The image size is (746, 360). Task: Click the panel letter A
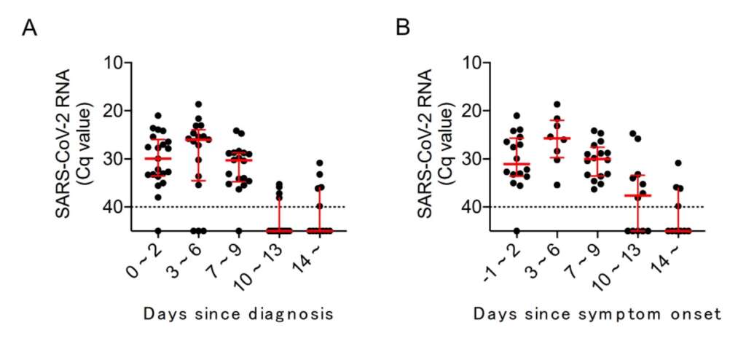[x=29, y=28]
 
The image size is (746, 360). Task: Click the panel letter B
[x=403, y=28]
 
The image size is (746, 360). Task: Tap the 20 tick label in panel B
[x=475, y=111]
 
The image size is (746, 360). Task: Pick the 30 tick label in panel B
[x=475, y=159]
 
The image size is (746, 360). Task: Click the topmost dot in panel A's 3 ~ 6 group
[x=198, y=104]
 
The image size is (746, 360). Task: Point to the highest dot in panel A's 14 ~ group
[x=320, y=163]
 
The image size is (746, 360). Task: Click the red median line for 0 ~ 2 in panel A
[x=158, y=158]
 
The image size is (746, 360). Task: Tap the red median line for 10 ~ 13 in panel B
[x=638, y=195]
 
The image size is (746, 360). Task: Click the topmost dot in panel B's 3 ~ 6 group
[x=557, y=104]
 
